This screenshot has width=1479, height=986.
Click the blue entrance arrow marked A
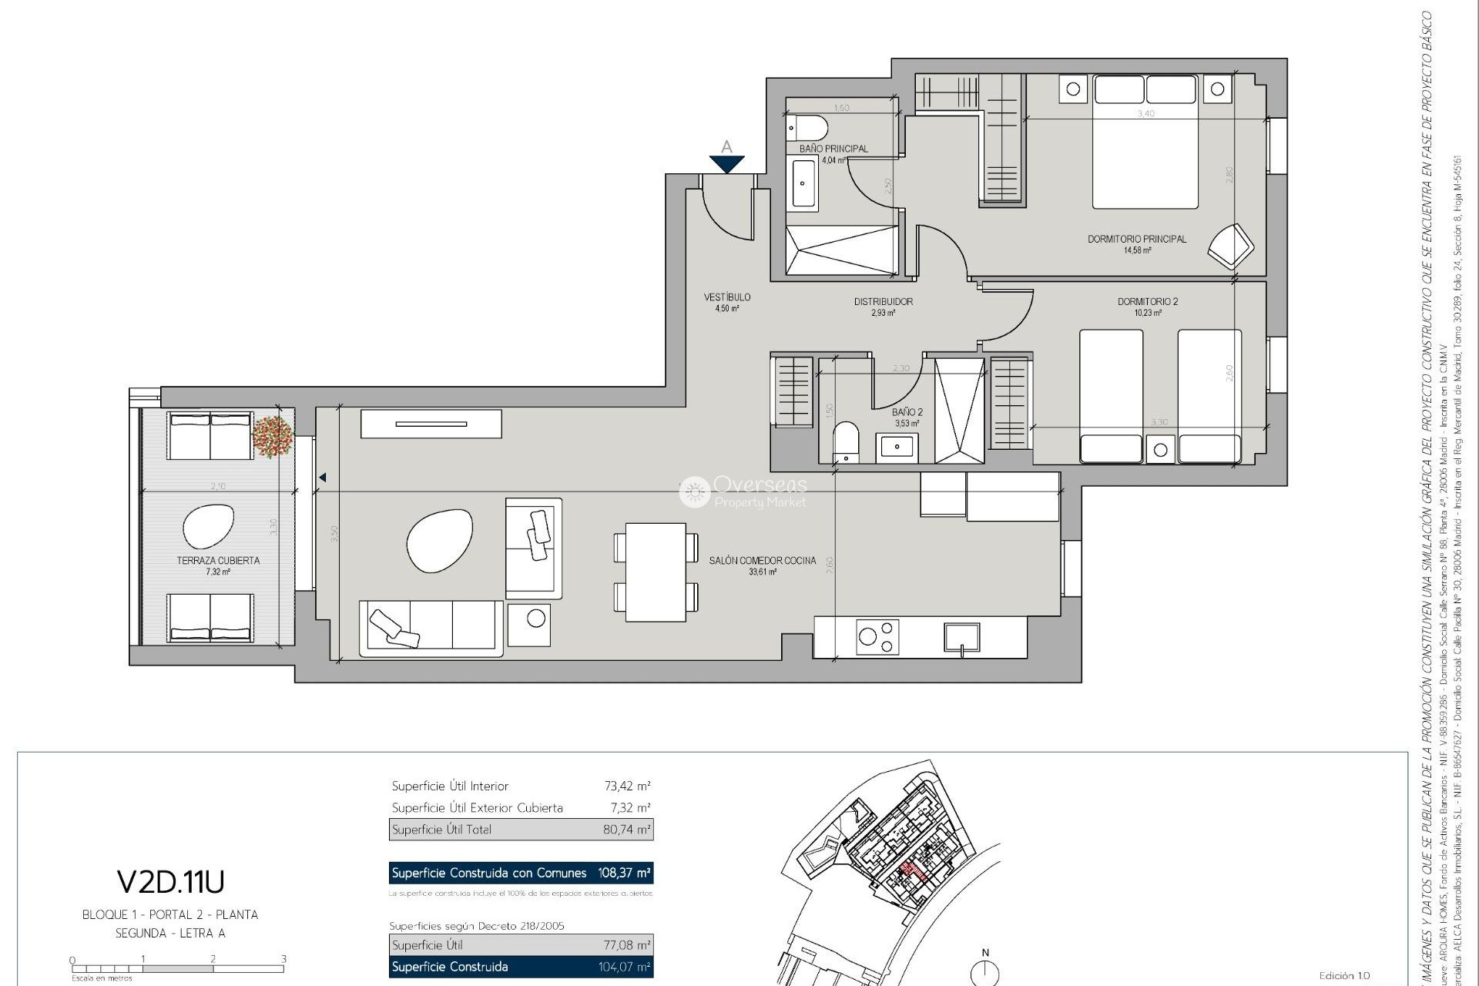[726, 163]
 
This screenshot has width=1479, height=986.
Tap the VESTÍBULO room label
[726, 297]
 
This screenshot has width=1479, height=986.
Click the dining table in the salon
[656, 572]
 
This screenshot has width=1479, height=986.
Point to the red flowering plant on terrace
[273, 436]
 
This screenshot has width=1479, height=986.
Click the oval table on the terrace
[208, 526]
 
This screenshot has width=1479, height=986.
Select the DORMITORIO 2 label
[1147, 301]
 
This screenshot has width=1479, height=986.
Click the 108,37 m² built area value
[624, 873]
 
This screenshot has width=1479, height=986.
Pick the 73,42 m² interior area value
[627, 786]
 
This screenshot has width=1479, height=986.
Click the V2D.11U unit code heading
[170, 880]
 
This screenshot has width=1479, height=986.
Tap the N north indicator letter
[984, 952]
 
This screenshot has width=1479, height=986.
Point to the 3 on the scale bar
[283, 959]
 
